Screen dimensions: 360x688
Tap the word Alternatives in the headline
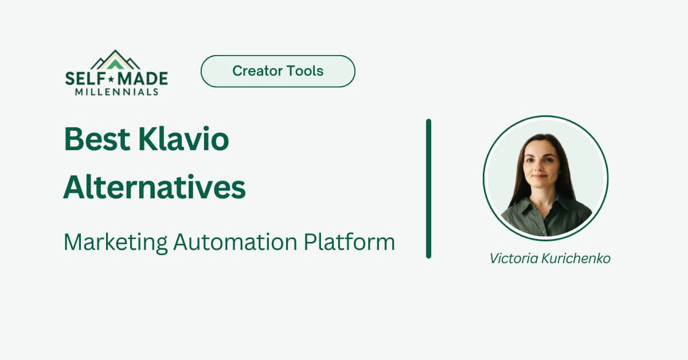(154, 187)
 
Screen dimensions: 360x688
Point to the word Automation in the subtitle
(236, 242)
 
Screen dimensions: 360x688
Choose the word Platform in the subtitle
(349, 242)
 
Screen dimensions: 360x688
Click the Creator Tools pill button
(277, 71)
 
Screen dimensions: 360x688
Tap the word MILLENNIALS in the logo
(116, 92)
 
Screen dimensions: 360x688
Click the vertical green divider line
(428, 189)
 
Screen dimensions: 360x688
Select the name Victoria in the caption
(513, 259)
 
